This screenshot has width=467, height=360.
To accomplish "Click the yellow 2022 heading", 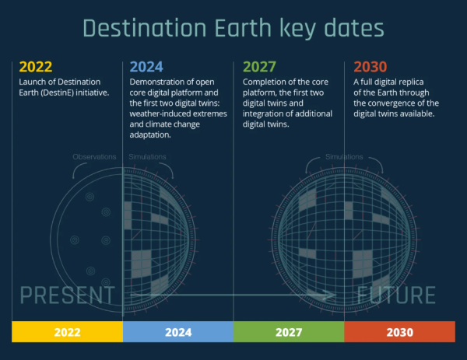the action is click(x=36, y=67).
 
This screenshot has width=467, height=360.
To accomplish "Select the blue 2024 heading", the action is click(x=146, y=67).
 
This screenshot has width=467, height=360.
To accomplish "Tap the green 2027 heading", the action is click(x=259, y=67).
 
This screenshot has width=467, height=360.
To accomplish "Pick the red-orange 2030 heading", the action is click(x=370, y=67).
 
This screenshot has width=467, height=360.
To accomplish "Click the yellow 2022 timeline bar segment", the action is click(x=67, y=332).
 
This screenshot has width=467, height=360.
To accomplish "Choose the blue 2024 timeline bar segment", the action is click(x=178, y=332).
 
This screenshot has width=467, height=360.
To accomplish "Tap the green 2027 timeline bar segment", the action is click(x=289, y=332).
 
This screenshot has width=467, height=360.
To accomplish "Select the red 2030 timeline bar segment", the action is click(x=400, y=332).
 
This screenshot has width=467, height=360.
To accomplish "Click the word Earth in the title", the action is click(x=243, y=28).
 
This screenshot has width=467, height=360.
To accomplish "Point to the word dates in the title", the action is click(x=354, y=28).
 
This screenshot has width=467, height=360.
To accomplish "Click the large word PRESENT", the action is click(x=67, y=295).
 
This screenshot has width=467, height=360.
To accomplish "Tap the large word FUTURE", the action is click(x=396, y=295).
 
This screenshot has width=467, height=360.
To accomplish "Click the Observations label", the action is click(x=94, y=157).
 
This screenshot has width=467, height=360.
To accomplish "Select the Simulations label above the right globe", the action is click(x=344, y=157).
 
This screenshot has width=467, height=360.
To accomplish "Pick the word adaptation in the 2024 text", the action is click(x=149, y=135).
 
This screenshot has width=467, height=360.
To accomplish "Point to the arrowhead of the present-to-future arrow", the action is click(x=329, y=295).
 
